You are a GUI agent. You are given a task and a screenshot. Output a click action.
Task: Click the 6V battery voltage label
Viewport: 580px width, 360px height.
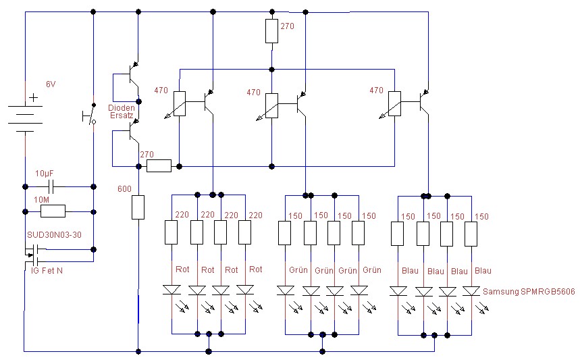[51, 84]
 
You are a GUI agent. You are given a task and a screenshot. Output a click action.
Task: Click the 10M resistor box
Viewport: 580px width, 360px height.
[53, 211]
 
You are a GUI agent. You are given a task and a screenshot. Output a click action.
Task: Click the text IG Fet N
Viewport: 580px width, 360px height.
[49, 270]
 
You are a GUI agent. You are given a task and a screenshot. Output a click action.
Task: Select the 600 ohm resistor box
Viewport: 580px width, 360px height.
[138, 207]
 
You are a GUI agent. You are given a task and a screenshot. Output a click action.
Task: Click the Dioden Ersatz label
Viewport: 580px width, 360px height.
[122, 112]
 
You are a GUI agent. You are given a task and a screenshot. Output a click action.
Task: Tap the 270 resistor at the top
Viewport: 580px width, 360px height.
[271, 31]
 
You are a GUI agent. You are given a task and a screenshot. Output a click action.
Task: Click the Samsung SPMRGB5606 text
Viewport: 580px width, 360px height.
[529, 291]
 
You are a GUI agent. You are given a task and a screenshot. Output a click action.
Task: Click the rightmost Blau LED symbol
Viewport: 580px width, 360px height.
[471, 291]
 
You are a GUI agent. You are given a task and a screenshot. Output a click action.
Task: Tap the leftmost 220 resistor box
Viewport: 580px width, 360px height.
[172, 232]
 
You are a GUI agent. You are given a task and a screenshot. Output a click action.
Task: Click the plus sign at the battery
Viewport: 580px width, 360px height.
[34, 98]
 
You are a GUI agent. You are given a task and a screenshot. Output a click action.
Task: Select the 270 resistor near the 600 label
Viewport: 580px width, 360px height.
[159, 165]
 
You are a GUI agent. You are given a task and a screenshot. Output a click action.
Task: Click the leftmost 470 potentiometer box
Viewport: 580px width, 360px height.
[179, 103]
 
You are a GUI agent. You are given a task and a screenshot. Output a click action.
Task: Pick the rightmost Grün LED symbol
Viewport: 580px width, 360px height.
[359, 290]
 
